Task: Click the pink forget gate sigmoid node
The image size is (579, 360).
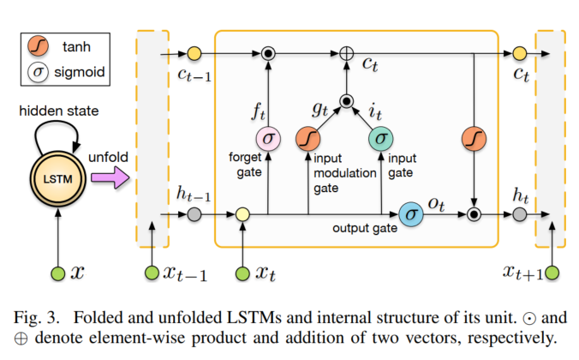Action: point(268,139)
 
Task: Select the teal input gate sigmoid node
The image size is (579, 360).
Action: point(380,139)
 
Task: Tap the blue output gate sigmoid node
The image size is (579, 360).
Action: point(412,211)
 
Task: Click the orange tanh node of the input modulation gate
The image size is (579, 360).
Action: point(307,139)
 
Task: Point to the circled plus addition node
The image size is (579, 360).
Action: point(346,53)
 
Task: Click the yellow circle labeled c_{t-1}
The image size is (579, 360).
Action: point(194,53)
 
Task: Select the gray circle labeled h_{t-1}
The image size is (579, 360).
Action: point(195,211)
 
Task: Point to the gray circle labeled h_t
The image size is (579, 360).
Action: point(519,211)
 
